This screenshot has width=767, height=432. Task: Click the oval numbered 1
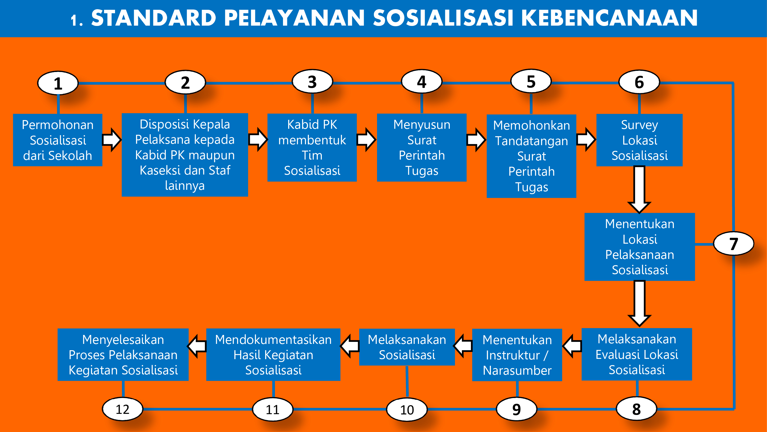58,83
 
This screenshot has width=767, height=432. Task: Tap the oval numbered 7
734,244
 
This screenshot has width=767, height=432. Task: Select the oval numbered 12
123,409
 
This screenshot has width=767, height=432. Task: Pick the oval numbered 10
407,409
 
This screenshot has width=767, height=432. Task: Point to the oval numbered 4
422,82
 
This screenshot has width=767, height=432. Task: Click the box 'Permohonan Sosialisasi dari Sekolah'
58,140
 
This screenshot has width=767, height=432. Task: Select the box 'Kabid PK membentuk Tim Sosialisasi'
312,147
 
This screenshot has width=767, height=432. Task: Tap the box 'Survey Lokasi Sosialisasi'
640,140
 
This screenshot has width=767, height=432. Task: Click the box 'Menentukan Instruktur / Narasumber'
517,355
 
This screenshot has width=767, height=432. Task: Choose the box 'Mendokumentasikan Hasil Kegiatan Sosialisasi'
273,355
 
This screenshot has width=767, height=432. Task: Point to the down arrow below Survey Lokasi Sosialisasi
639,190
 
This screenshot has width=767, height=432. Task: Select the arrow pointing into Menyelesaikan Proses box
197,346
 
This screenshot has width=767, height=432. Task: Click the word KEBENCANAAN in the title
609,18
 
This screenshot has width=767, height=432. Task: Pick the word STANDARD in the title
154,18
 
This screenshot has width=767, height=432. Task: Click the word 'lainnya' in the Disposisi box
185,186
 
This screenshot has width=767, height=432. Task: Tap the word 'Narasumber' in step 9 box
517,370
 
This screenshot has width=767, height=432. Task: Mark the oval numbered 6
639,82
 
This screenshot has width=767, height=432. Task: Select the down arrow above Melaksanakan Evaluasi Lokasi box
639,304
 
